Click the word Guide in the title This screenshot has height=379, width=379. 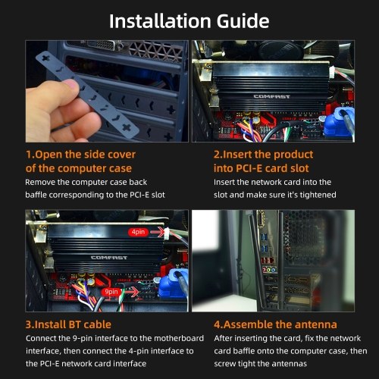(243, 21)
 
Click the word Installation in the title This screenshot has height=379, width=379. (160, 21)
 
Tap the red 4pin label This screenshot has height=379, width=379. (138, 232)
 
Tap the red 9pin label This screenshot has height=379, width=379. (111, 292)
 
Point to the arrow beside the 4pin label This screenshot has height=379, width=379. (158, 232)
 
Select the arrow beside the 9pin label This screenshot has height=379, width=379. (130, 293)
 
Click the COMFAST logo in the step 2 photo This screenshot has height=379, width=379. (271, 96)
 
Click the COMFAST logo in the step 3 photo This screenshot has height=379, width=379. (109, 258)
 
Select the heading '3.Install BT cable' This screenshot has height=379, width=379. (68, 324)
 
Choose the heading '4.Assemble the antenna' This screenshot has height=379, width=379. (275, 324)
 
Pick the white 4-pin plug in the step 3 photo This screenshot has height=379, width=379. (167, 232)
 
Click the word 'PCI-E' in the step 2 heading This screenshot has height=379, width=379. (249, 168)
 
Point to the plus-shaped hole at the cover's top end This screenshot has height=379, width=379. (45, 58)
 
